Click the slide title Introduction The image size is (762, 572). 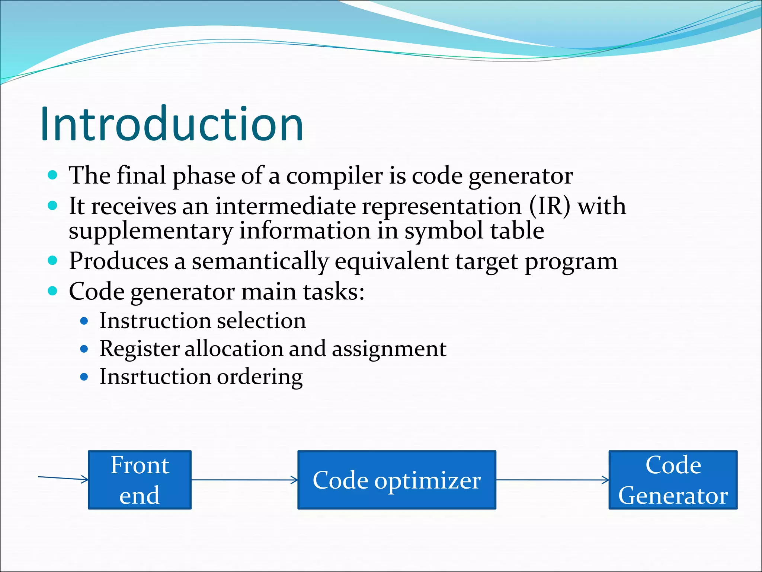[172, 124]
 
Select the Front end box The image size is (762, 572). [140, 480]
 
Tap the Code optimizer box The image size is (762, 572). [397, 480]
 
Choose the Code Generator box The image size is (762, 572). [673, 480]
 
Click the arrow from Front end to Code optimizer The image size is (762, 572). [244, 480]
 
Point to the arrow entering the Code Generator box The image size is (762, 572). [552, 480]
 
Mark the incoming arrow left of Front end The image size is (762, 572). [63, 478]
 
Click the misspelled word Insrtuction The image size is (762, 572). [155, 376]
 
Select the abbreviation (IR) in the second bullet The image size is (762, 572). [549, 206]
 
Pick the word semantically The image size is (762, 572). [260, 261]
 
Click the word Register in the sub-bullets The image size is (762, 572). [140, 349]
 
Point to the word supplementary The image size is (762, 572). [150, 231]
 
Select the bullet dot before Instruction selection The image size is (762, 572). [84, 321]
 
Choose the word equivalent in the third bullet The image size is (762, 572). [391, 261]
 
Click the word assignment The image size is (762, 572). [389, 349]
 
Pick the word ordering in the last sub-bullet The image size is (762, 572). [260, 377]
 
